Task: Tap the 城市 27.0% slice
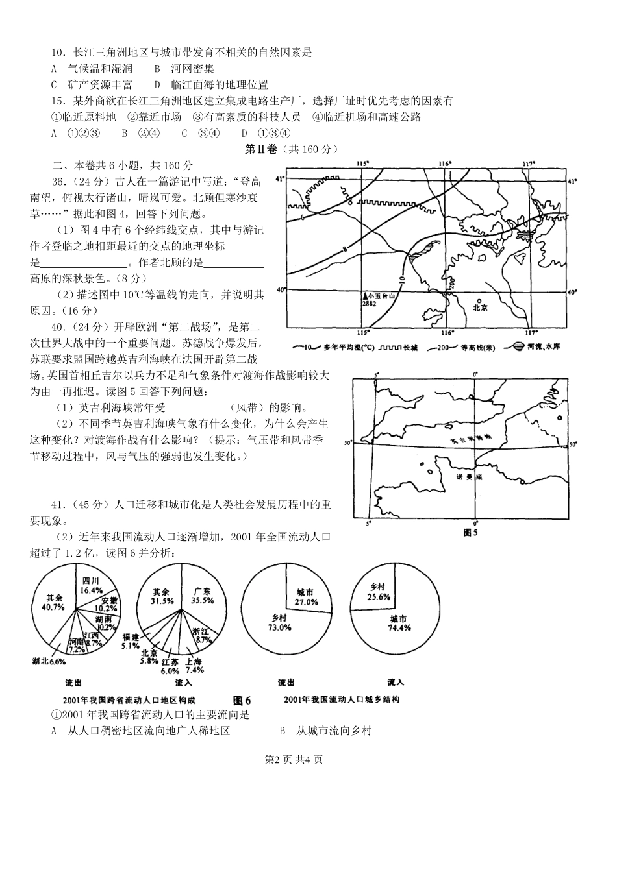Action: (x=305, y=597)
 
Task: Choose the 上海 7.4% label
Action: (x=194, y=666)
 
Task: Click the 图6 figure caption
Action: (x=242, y=700)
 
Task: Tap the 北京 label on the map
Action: (x=480, y=309)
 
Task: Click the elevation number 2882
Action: (x=370, y=303)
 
